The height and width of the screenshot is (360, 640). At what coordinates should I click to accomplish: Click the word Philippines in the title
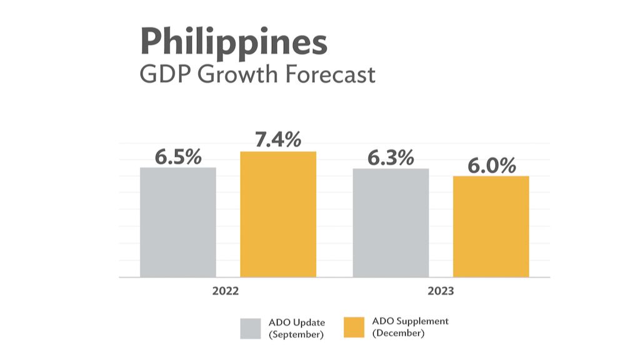[234, 43]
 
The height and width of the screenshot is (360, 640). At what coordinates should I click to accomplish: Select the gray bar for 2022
[178, 222]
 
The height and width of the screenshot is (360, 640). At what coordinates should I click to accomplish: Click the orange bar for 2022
[278, 214]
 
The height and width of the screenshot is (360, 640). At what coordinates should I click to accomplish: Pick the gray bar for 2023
[391, 222]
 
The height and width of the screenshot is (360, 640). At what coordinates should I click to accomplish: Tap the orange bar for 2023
[491, 226]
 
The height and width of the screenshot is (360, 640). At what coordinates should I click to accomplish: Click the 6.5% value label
[178, 157]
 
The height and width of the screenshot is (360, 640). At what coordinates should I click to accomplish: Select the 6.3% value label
[391, 158]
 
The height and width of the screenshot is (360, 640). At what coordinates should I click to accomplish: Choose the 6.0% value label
[492, 166]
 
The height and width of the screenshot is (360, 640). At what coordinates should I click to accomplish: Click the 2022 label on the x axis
[225, 291]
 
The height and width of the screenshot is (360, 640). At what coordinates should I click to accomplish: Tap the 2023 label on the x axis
[441, 291]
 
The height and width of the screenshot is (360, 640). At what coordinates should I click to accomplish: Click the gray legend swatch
[251, 328]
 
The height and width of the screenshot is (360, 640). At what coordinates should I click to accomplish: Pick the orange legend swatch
[354, 328]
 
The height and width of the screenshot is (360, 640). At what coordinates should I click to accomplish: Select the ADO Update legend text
[296, 322]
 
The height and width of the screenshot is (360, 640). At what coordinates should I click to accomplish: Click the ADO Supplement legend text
[410, 321]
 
